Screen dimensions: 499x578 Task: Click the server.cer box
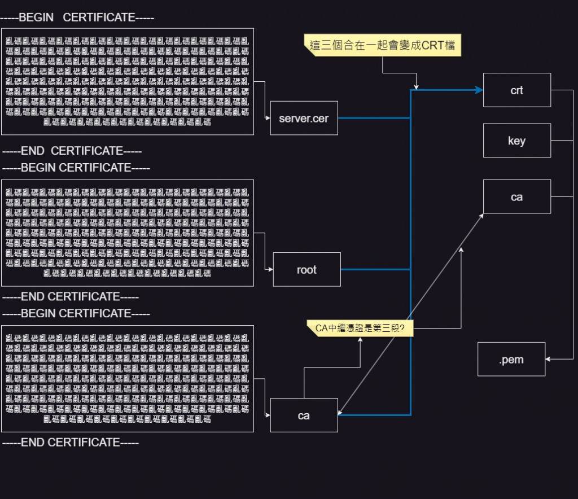pyautogui.click(x=304, y=119)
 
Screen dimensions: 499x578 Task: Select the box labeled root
pyautogui.click(x=306, y=270)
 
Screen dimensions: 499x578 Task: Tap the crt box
pyautogui.click(x=516, y=90)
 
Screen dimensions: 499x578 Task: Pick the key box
pyautogui.click(x=516, y=141)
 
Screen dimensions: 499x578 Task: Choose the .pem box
pyautogui.click(x=511, y=359)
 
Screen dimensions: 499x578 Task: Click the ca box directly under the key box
pyautogui.click(x=516, y=197)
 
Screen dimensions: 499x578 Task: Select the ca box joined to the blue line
pyautogui.click(x=304, y=415)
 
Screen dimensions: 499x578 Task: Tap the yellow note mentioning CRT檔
pyautogui.click(x=382, y=45)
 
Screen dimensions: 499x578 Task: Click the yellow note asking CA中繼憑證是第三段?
pyautogui.click(x=360, y=328)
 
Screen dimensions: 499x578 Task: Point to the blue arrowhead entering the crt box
pyautogui.click(x=479, y=90)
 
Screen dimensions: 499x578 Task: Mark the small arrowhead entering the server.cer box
pyautogui.click(x=268, y=119)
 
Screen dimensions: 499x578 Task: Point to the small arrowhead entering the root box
pyautogui.click(x=270, y=270)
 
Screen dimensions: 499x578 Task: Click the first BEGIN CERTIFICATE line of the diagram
pyautogui.click(x=77, y=17)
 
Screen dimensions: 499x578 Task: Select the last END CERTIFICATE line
pyautogui.click(x=71, y=443)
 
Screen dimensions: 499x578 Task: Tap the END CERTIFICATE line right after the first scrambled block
pyautogui.click(x=72, y=151)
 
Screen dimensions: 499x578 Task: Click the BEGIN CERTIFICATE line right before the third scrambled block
pyautogui.click(x=76, y=313)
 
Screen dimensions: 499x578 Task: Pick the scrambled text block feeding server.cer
pyautogui.click(x=127, y=82)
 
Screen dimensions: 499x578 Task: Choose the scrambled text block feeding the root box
pyautogui.click(x=127, y=233)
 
